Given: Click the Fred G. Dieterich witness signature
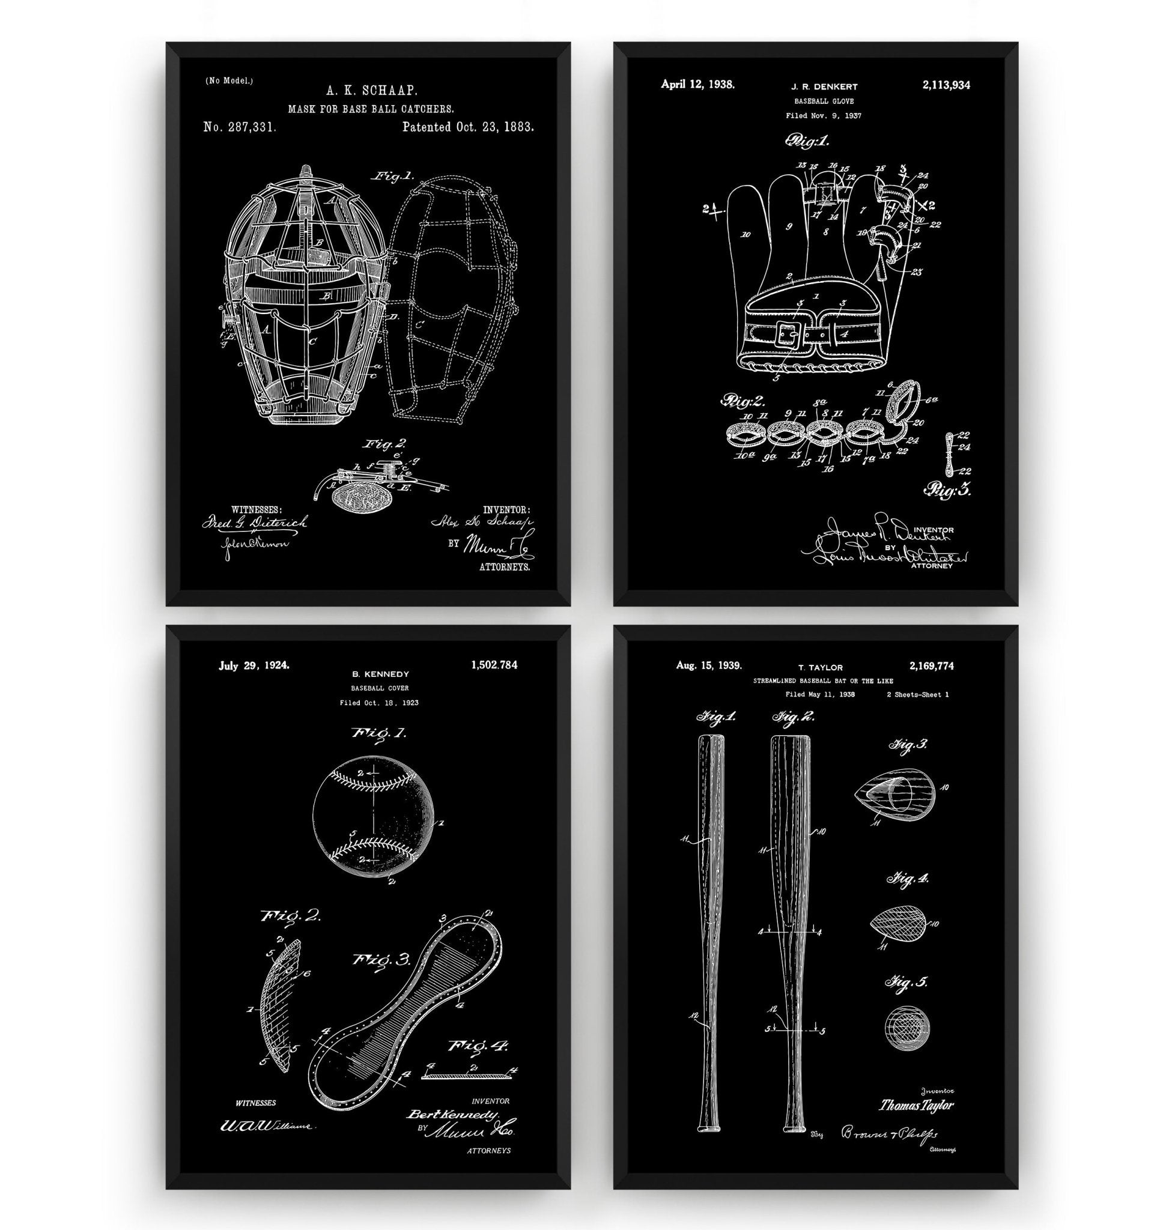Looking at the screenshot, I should (x=254, y=523).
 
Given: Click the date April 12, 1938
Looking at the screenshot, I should (x=697, y=84).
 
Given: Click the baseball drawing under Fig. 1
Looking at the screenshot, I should (x=371, y=815).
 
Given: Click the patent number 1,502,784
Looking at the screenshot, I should (x=494, y=665).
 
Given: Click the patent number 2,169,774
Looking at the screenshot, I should (x=931, y=666).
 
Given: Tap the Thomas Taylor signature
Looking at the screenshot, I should (x=915, y=1105).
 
